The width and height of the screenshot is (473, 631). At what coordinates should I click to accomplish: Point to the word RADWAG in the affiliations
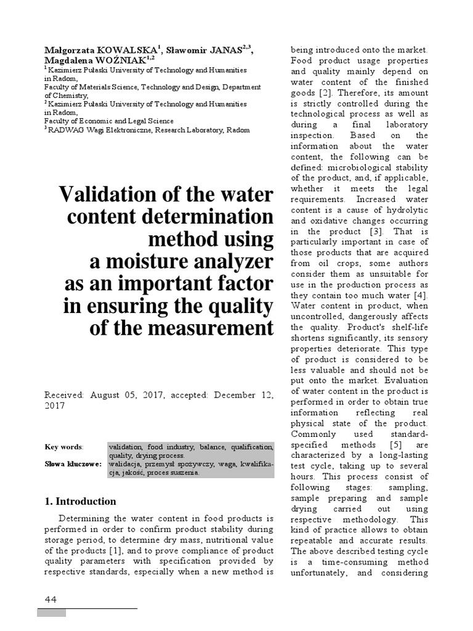pyautogui.click(x=67, y=130)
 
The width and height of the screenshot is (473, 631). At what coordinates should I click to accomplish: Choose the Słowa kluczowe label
pyautogui.click(x=73, y=463)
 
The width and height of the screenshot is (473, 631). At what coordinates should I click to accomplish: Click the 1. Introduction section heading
pyautogui.click(x=81, y=501)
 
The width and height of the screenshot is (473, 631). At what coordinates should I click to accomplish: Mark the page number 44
pyautogui.click(x=51, y=600)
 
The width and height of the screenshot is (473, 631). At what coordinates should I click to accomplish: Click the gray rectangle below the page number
pyautogui.click(x=51, y=613)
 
